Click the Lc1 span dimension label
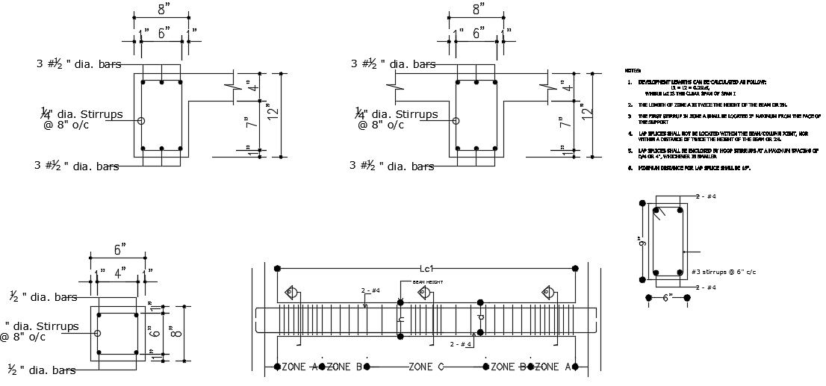(x=427, y=268)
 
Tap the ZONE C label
(x=428, y=367)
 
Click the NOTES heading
(x=632, y=70)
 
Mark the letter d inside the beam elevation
(x=480, y=318)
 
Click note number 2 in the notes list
(x=630, y=105)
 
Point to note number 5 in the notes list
(x=630, y=151)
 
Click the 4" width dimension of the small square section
(x=119, y=270)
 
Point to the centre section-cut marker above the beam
(x=424, y=292)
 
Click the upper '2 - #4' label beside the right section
(x=705, y=196)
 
